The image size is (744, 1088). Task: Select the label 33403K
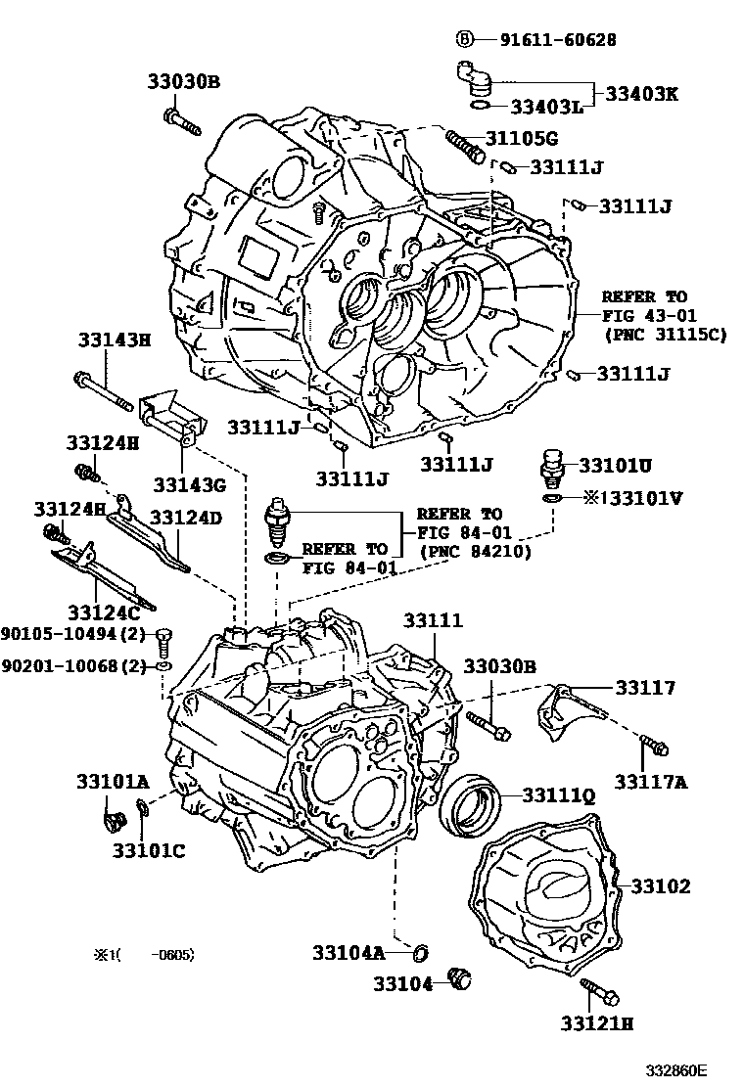pos(641,94)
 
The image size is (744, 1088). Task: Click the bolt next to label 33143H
pos(102,390)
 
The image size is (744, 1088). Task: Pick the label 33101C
pos(148,850)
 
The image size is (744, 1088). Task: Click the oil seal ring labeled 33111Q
pos(469,802)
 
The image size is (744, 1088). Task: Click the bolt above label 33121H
pos(598,990)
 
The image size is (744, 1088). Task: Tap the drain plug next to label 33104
pos(459,976)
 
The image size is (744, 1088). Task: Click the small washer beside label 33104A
pos(421,950)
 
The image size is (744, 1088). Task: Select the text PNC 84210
pos(475,551)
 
